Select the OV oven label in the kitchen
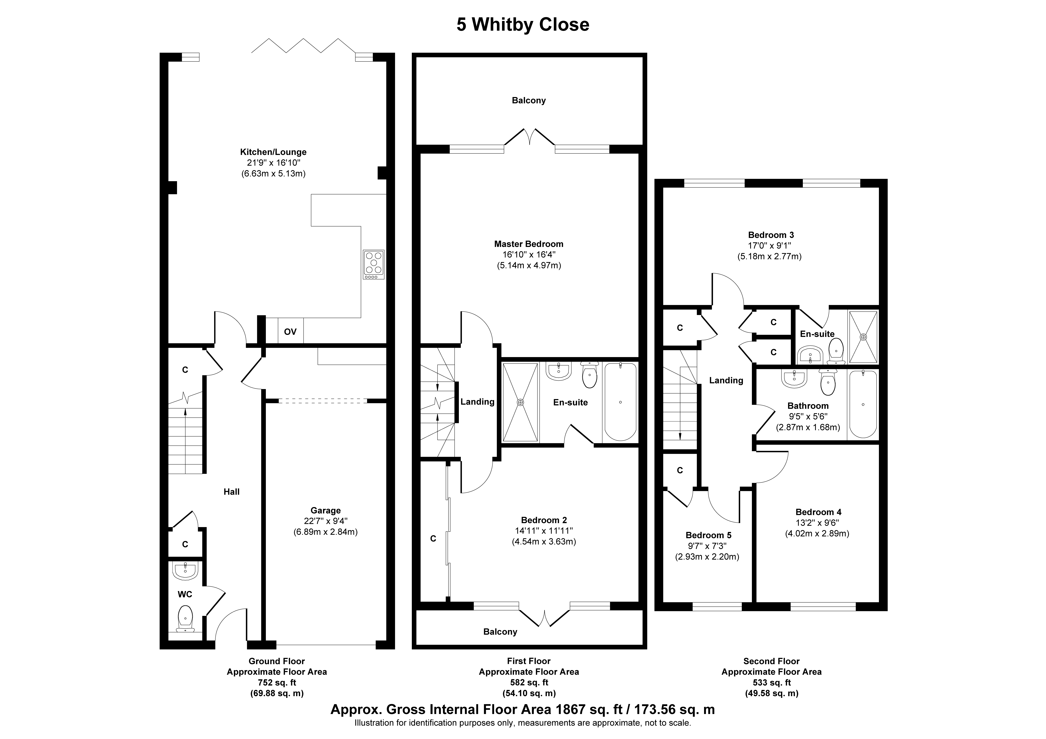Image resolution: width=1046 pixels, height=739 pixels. click(290, 332)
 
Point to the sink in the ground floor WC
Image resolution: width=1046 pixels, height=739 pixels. click(185, 570)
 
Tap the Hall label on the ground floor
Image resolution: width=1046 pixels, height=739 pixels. click(231, 492)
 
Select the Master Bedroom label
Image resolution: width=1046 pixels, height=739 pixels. click(528, 244)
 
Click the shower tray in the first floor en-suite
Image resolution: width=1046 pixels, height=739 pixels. click(520, 402)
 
